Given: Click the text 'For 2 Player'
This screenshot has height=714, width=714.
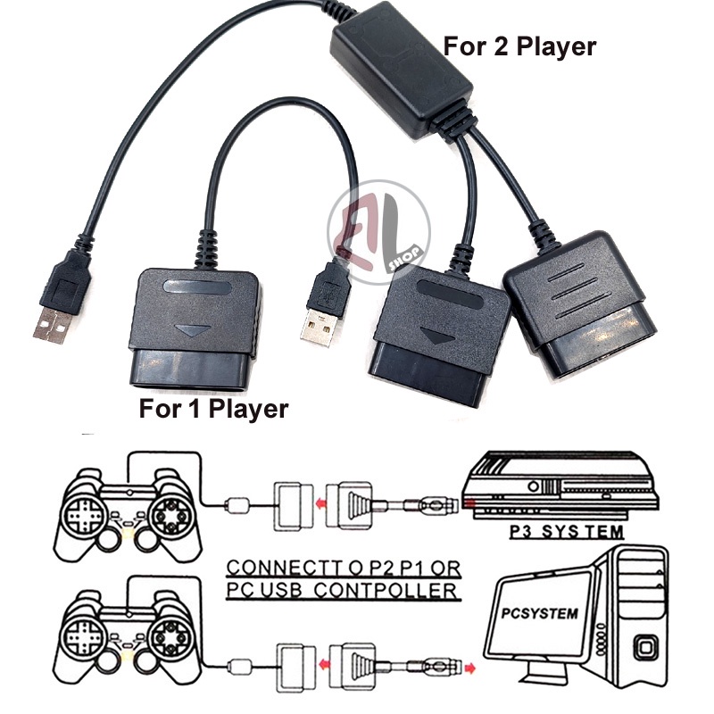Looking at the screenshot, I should (x=520, y=46).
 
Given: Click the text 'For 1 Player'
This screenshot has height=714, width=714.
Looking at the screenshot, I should (x=214, y=410).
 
